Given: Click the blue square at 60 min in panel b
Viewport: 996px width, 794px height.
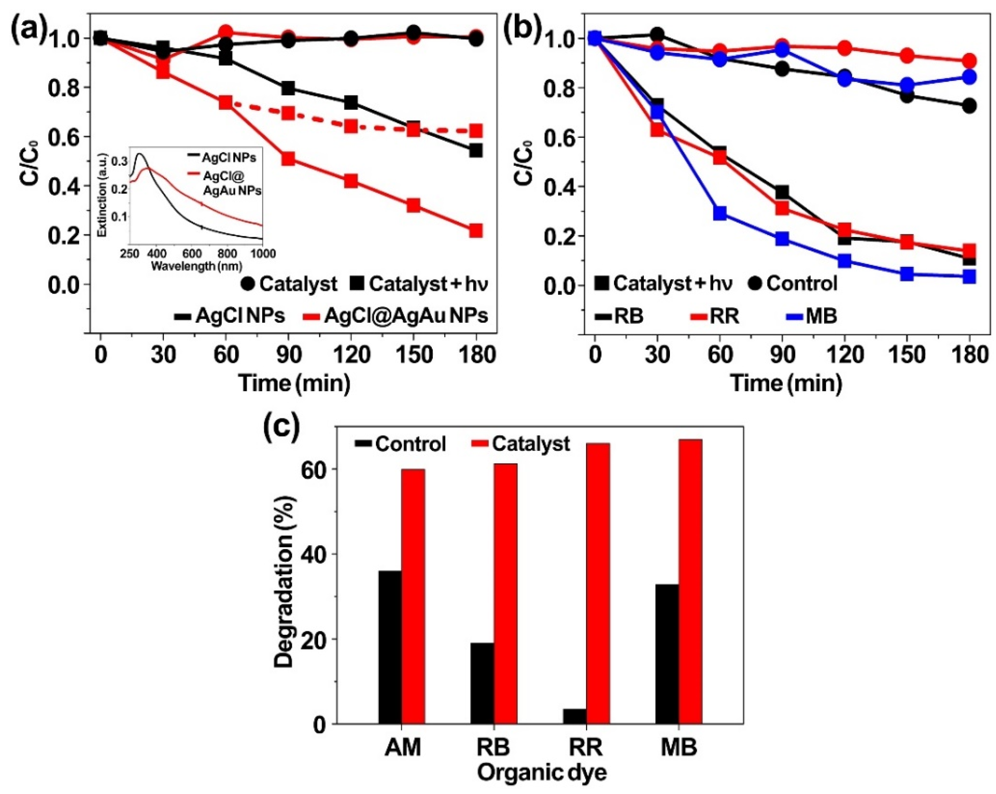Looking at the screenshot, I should (720, 213).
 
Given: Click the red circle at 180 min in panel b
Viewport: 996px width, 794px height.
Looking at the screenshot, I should (969, 61).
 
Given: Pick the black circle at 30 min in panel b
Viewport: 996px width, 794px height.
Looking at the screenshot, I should (657, 34).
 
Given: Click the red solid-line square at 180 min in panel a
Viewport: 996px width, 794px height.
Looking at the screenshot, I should (476, 230).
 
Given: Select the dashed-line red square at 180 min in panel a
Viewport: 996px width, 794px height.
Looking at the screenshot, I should (476, 131).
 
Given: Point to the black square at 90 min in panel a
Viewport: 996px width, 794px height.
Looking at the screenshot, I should (288, 88).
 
